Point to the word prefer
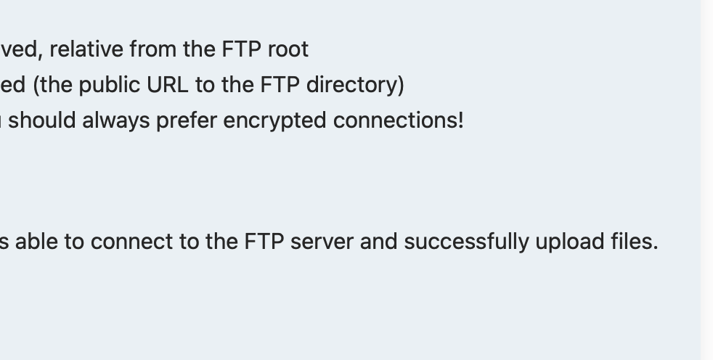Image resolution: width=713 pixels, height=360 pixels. pos(175,120)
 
